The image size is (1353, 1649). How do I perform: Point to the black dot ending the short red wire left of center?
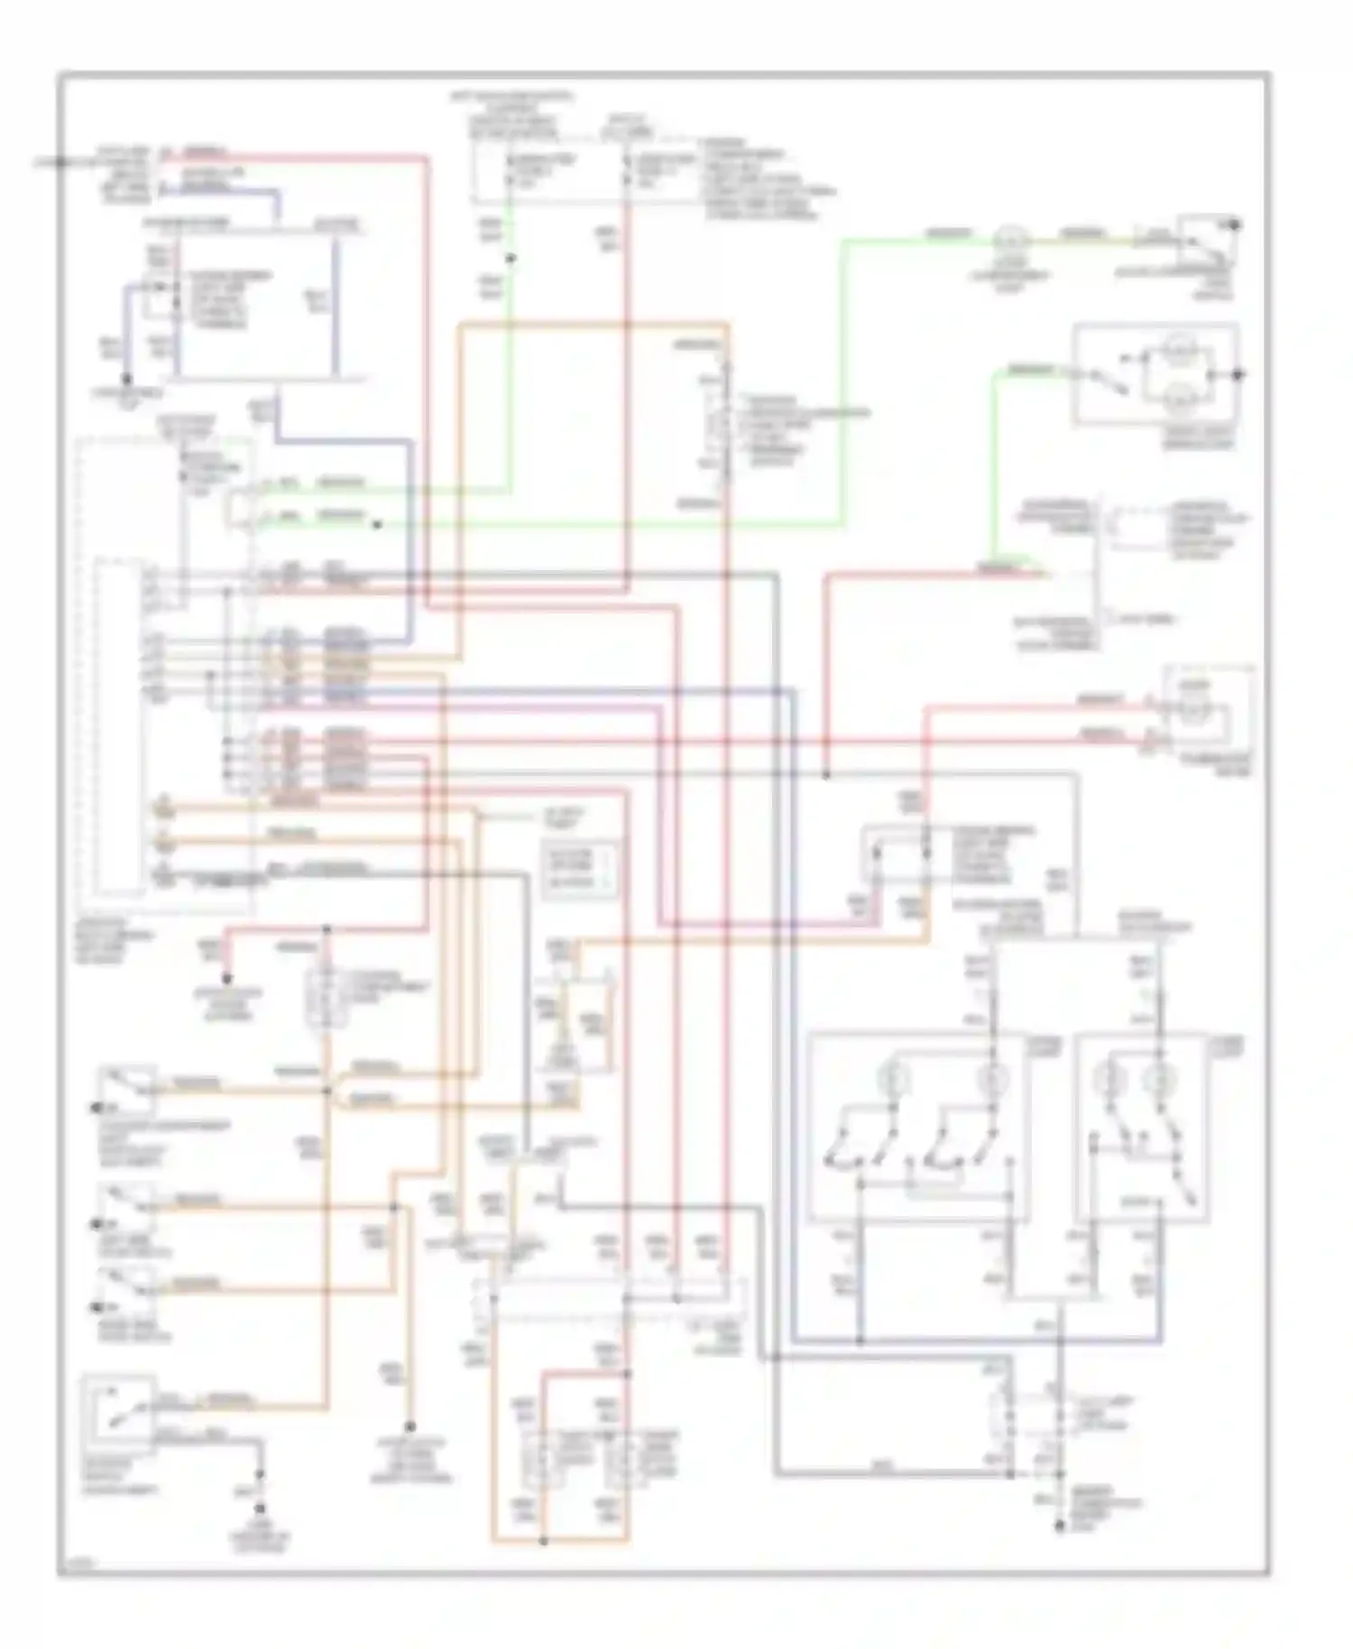coord(228,979)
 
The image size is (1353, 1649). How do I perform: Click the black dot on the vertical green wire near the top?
coord(510,259)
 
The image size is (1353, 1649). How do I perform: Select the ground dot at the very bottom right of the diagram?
coord(1060,1528)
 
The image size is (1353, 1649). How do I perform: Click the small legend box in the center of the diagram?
coord(581,869)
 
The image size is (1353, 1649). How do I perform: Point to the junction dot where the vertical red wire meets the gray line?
coord(826,774)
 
